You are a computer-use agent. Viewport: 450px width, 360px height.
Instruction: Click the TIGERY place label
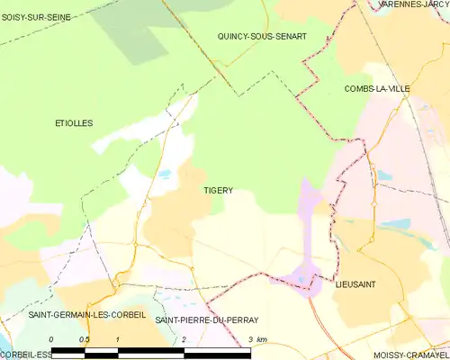click(219, 191)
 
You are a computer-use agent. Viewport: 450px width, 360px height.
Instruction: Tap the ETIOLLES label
click(73, 122)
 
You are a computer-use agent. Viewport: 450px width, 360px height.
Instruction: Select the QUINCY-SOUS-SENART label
click(262, 36)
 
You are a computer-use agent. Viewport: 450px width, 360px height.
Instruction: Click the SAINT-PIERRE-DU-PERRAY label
click(207, 319)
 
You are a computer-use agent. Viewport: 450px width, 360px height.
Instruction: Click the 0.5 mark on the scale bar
click(85, 339)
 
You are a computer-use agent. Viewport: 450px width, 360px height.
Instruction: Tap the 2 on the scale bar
click(184, 339)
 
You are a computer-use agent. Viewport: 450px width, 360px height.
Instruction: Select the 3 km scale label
click(256, 339)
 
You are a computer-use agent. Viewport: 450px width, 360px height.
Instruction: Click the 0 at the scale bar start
click(52, 339)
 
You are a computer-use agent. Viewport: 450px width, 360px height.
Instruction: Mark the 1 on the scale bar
click(118, 339)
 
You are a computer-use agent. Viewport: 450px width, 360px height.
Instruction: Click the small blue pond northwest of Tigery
click(165, 174)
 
